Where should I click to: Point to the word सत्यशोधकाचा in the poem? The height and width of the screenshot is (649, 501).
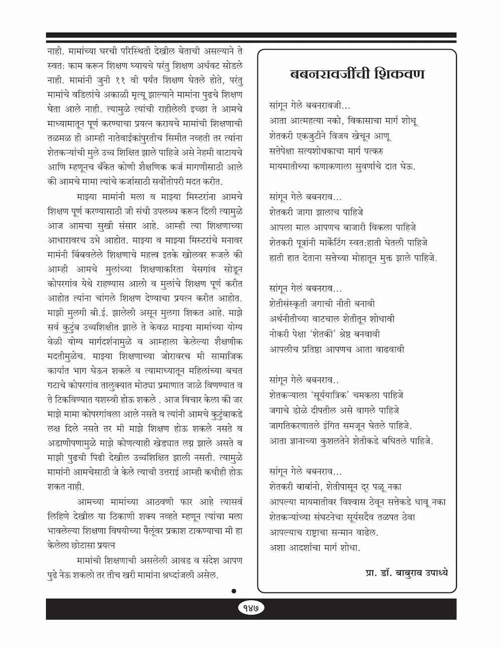[x=330, y=151]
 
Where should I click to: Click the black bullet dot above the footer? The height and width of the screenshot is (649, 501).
[x=233, y=591]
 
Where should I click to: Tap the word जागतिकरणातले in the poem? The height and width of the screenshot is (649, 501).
[x=298, y=426]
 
